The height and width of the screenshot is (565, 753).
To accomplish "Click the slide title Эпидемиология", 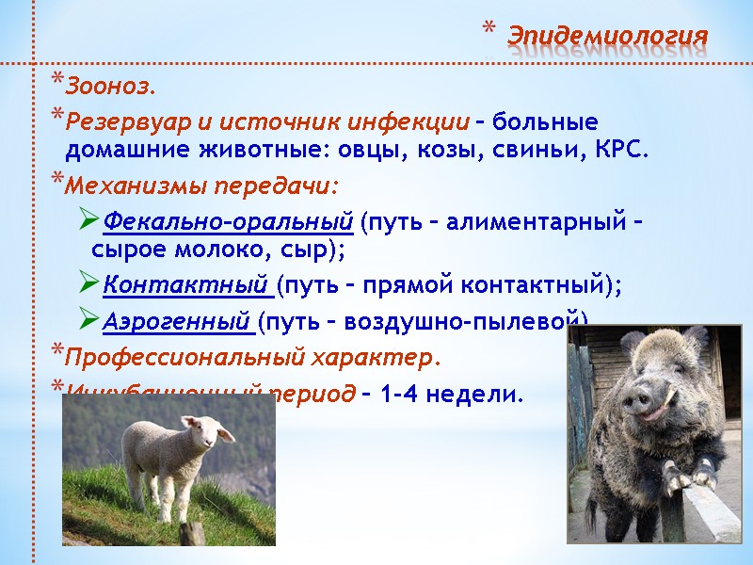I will pyautogui.click(x=607, y=37).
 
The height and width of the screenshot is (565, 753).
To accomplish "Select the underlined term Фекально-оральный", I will pyautogui.click(x=228, y=223).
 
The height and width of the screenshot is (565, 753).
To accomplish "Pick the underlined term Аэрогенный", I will pyautogui.click(x=179, y=322).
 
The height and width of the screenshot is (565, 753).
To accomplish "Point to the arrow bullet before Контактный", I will pyautogui.click(x=88, y=284).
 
